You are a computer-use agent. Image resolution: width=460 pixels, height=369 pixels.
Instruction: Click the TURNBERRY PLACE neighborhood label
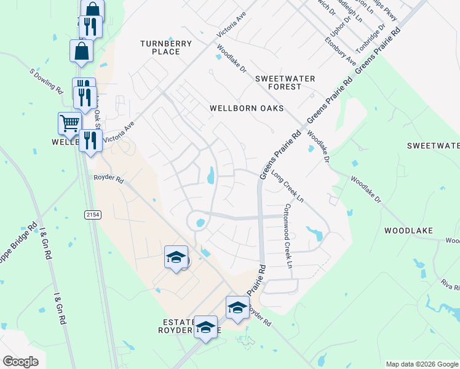[x=165, y=47]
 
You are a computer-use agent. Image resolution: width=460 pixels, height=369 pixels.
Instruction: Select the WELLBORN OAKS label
[x=247, y=108]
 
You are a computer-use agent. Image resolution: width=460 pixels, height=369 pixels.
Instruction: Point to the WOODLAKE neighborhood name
[x=408, y=231]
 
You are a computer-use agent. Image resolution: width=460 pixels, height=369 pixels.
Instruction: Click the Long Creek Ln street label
[x=287, y=186]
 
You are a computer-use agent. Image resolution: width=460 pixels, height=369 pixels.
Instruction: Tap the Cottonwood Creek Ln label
[x=287, y=236]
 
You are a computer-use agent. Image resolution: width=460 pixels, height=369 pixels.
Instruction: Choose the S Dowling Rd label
[x=47, y=81]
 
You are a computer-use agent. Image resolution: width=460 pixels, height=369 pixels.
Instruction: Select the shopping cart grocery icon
[x=69, y=122]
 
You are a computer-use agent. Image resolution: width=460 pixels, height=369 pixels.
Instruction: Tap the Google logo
[x=20, y=362]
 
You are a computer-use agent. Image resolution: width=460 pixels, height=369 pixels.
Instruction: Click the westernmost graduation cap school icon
[x=176, y=257]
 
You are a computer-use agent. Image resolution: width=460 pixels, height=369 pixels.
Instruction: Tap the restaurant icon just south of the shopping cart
[x=91, y=140]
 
